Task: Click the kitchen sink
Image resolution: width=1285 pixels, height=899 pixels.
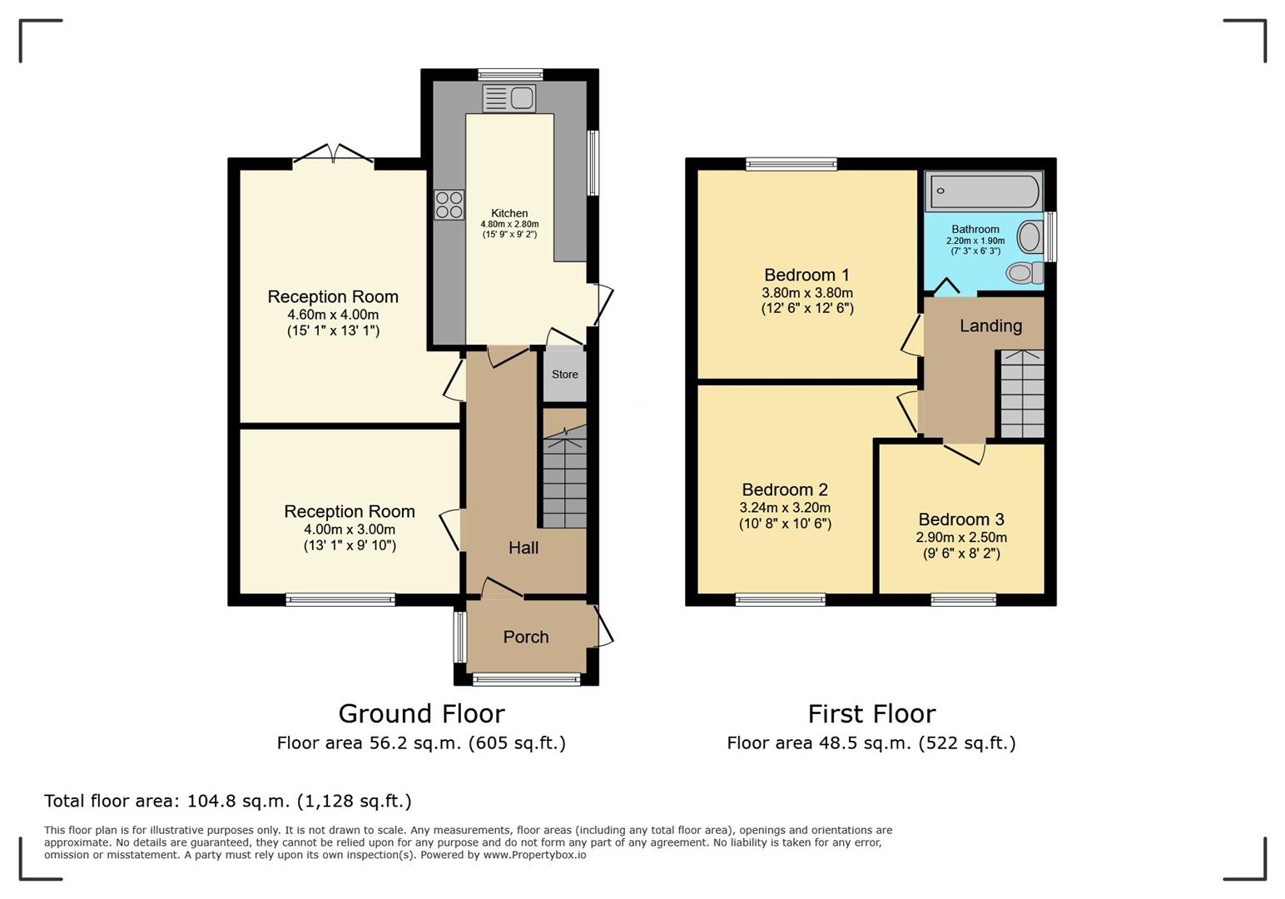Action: click(x=509, y=98)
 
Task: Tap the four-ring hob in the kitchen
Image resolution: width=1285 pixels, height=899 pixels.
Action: click(x=449, y=205)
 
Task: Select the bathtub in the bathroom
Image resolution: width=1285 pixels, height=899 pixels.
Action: click(x=985, y=191)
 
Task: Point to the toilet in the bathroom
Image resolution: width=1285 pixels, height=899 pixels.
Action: click(x=1025, y=272)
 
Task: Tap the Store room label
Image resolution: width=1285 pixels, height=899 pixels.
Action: click(x=565, y=375)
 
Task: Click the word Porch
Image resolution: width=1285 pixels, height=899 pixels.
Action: click(x=526, y=637)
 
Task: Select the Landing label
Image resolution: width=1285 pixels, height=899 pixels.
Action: click(x=990, y=325)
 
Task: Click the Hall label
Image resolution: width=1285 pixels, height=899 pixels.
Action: click(x=523, y=548)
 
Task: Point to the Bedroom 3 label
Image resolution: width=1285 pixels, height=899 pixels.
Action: click(x=961, y=519)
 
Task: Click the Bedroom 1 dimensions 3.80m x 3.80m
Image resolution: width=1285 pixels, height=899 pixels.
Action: click(x=807, y=292)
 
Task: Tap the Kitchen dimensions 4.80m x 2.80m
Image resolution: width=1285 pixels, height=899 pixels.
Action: click(x=509, y=224)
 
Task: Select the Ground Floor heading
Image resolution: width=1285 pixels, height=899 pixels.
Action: click(x=422, y=713)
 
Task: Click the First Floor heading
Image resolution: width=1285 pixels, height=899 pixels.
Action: click(x=871, y=713)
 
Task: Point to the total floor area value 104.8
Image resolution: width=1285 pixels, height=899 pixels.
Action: click(x=211, y=801)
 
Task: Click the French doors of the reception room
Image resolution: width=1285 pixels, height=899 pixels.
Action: click(x=333, y=154)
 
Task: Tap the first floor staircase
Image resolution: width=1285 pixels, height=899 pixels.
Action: click(x=1022, y=394)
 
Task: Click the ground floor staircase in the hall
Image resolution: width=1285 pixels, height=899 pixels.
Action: click(x=564, y=475)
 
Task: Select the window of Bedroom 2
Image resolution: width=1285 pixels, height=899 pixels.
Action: click(x=780, y=599)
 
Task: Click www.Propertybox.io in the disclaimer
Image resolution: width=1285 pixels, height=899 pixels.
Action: click(x=534, y=855)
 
